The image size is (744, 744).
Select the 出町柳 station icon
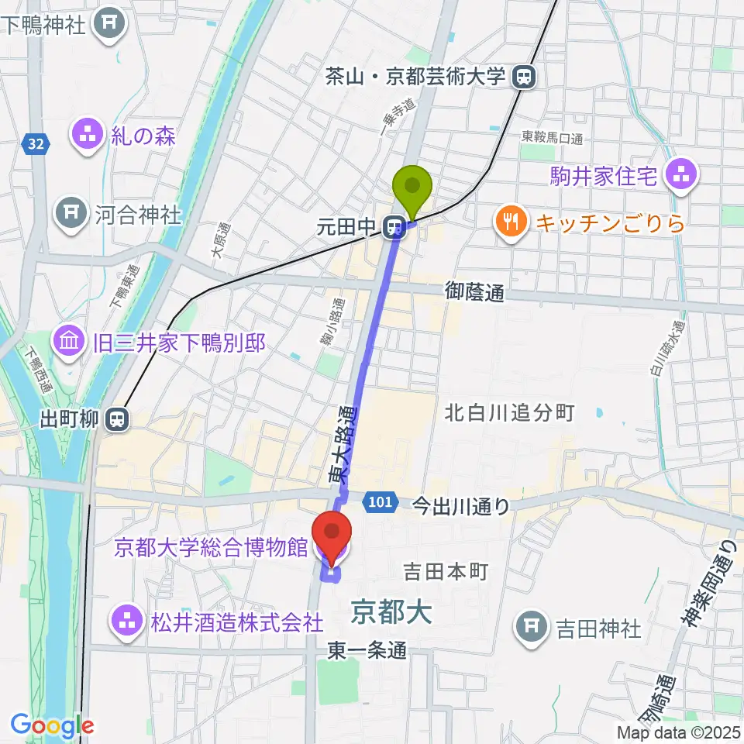click(x=118, y=420)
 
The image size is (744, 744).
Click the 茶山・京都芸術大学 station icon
click(x=525, y=76)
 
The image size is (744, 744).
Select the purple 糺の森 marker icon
click(x=88, y=136)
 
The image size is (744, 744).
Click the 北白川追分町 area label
click(x=509, y=412)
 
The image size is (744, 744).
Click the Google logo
click(x=53, y=725)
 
